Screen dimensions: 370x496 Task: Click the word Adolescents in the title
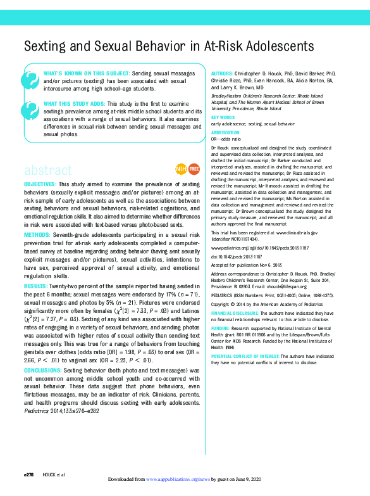280,46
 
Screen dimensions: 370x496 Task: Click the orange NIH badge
180,169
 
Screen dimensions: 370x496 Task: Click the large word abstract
47,170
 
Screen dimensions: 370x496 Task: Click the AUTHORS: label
221,74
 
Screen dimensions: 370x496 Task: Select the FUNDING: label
221,329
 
